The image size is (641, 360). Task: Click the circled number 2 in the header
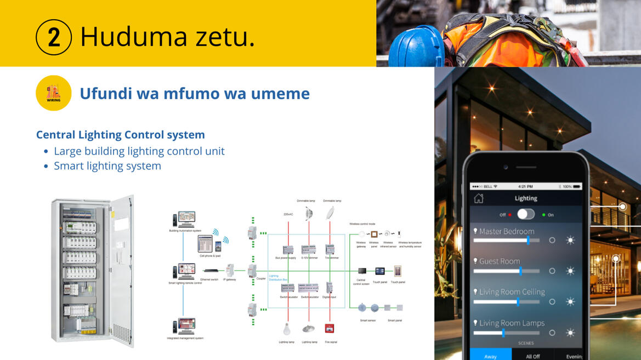[x=54, y=37]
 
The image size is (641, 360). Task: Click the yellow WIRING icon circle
[x=54, y=93]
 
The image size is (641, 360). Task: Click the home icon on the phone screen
[x=479, y=198]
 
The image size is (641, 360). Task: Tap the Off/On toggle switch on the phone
[x=525, y=214]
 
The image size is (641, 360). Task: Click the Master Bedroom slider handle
[x=528, y=240]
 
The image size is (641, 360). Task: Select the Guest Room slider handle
[x=520, y=271]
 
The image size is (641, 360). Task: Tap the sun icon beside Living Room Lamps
[x=570, y=333]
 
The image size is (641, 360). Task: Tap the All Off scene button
[x=532, y=356]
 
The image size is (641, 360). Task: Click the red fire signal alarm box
[x=330, y=329]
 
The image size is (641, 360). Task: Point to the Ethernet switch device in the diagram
[x=210, y=270]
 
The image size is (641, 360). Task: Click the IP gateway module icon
[x=230, y=269]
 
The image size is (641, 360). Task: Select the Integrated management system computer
[x=184, y=326]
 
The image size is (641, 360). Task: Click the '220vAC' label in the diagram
[x=288, y=214]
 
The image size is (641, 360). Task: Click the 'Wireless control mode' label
[x=362, y=224]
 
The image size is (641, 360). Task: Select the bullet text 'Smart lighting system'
[x=107, y=166]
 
